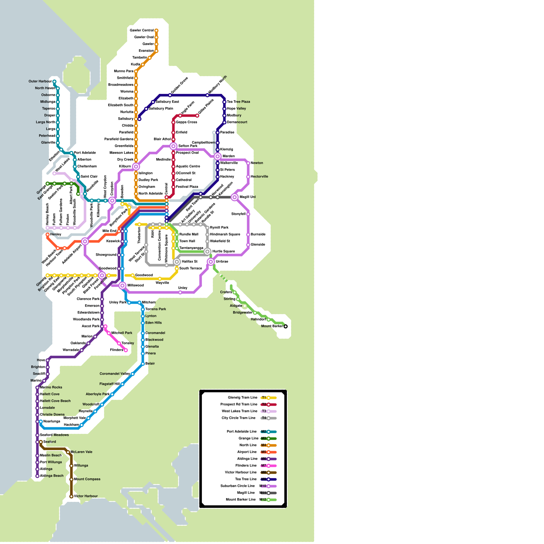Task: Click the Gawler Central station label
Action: tap(141, 31)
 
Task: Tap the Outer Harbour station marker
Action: tap(54, 82)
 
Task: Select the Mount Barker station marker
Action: tap(286, 326)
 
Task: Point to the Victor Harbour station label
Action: tap(86, 496)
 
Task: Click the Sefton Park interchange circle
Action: tap(173, 146)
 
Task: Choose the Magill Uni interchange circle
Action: tap(235, 197)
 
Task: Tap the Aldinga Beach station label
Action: tap(52, 476)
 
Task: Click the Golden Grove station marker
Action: tap(170, 95)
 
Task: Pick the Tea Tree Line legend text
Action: tap(246, 479)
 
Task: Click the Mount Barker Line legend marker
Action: tap(269, 500)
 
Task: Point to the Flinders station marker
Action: tap(126, 350)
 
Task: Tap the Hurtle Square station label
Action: tap(224, 252)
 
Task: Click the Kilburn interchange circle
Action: tap(136, 167)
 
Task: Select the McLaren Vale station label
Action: tap(82, 452)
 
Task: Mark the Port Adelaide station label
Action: tap(85, 153)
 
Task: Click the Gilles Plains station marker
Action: tap(197, 116)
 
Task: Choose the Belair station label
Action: tap(150, 364)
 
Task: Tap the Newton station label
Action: tap(257, 163)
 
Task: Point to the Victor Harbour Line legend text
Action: tap(241, 473)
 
